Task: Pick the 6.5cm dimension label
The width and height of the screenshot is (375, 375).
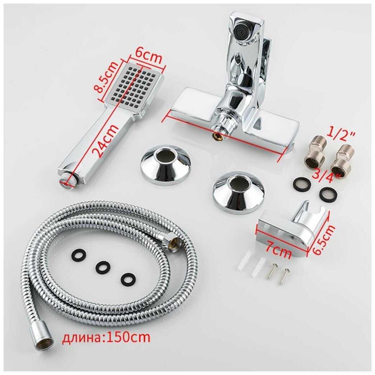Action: [323, 239]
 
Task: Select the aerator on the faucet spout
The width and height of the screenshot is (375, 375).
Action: [243, 30]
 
